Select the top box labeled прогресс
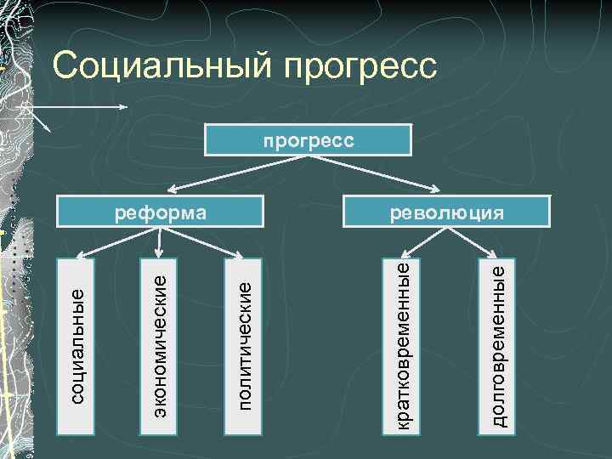tap(308, 140)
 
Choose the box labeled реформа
tap(161, 212)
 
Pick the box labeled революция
tap(445, 212)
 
